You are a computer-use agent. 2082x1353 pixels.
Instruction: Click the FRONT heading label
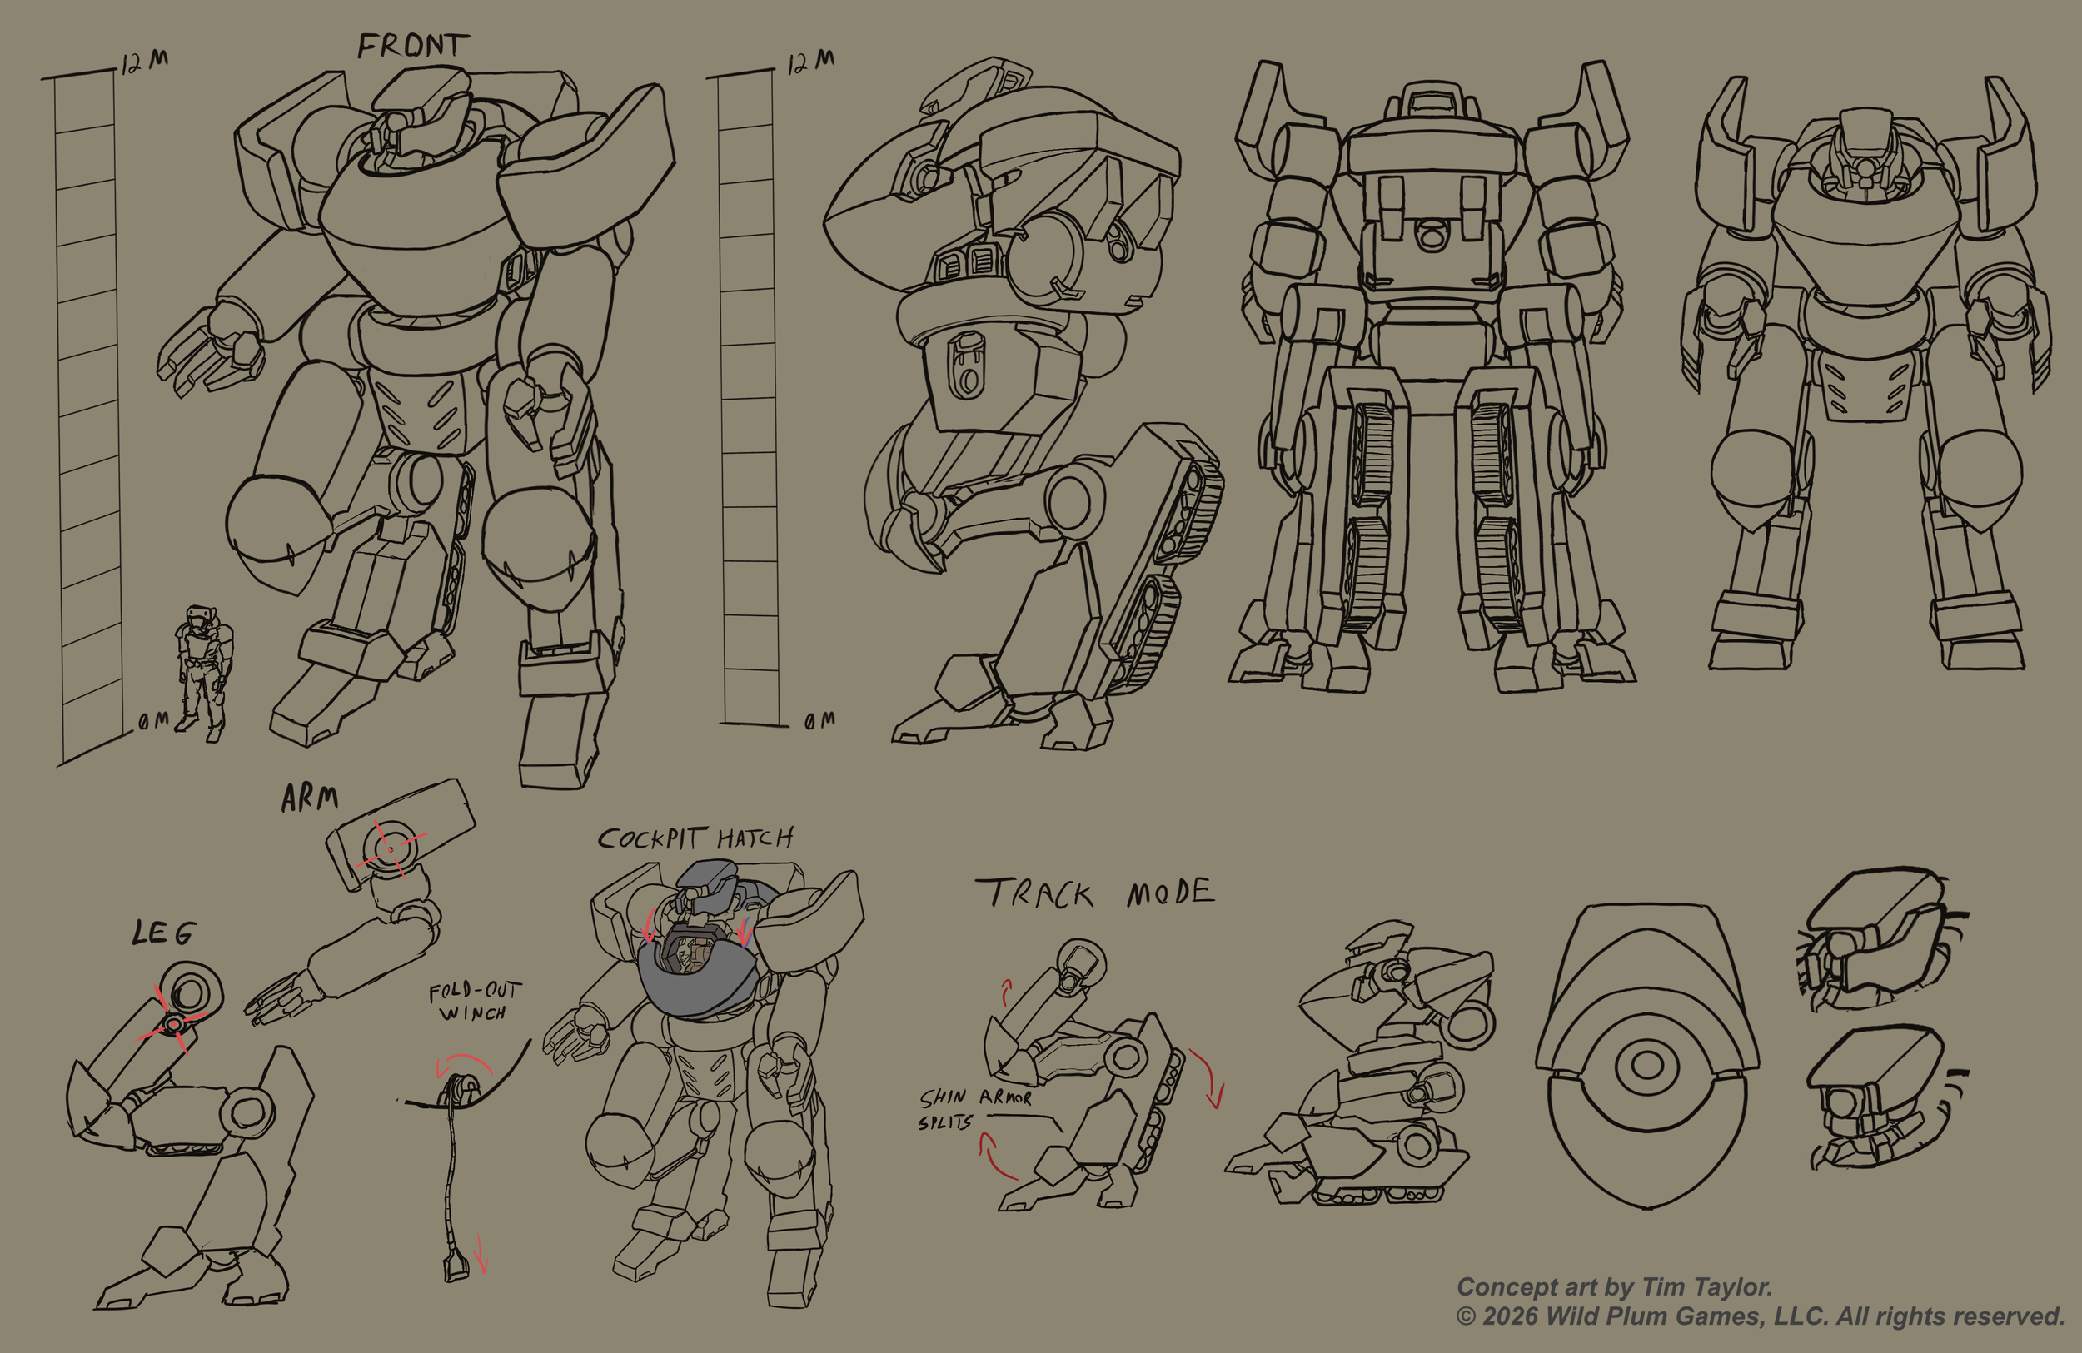tap(413, 46)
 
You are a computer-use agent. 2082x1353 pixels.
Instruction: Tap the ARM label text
tap(310, 798)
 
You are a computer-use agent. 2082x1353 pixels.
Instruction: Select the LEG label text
tap(163, 933)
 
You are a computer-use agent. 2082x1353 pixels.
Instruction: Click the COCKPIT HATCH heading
tap(695, 838)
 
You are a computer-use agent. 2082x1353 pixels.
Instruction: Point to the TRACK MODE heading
tap(1094, 893)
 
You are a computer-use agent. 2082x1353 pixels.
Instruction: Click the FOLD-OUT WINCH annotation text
tap(475, 1002)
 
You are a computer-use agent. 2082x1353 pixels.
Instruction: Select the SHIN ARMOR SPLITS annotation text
tap(974, 1109)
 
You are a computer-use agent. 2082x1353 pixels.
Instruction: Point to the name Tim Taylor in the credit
tap(1706, 1286)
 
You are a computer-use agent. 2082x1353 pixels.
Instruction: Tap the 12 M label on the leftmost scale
tap(144, 62)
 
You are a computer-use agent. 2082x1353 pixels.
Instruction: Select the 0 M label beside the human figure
tap(154, 721)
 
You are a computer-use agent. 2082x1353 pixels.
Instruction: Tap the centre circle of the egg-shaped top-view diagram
tap(1647, 1065)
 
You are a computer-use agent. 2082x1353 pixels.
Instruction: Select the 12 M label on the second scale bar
tap(810, 62)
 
